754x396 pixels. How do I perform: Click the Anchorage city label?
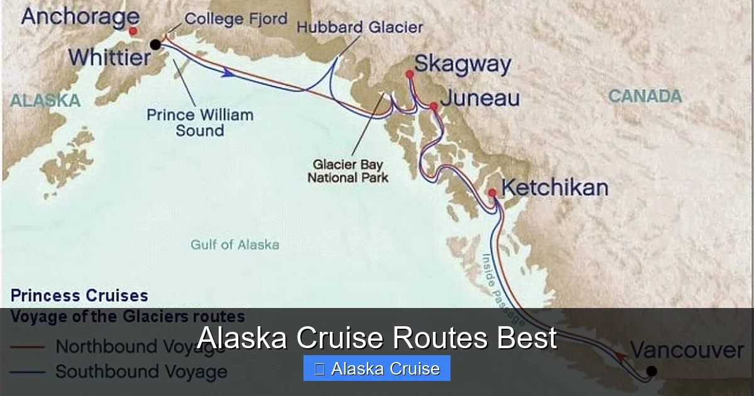point(80,16)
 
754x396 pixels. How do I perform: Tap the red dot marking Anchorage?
point(133,31)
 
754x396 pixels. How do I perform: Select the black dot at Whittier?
point(155,44)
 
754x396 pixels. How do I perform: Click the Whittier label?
point(110,58)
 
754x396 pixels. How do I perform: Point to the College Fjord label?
point(236,19)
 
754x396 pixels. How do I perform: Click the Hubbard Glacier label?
point(359,28)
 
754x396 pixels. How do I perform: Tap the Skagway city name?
point(463,64)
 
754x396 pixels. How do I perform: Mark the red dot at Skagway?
point(410,74)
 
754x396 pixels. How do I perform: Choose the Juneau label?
point(480,99)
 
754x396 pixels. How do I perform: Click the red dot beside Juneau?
point(434,106)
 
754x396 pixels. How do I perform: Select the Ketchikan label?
point(554,188)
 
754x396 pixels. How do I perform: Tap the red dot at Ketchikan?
point(492,193)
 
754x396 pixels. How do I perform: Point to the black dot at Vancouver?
point(652,371)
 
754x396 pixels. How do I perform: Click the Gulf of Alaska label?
point(235,245)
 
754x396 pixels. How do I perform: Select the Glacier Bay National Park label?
point(347,171)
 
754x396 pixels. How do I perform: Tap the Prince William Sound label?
point(200,123)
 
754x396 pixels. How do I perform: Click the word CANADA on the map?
point(645,96)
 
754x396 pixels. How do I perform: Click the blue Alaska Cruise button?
point(376,368)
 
